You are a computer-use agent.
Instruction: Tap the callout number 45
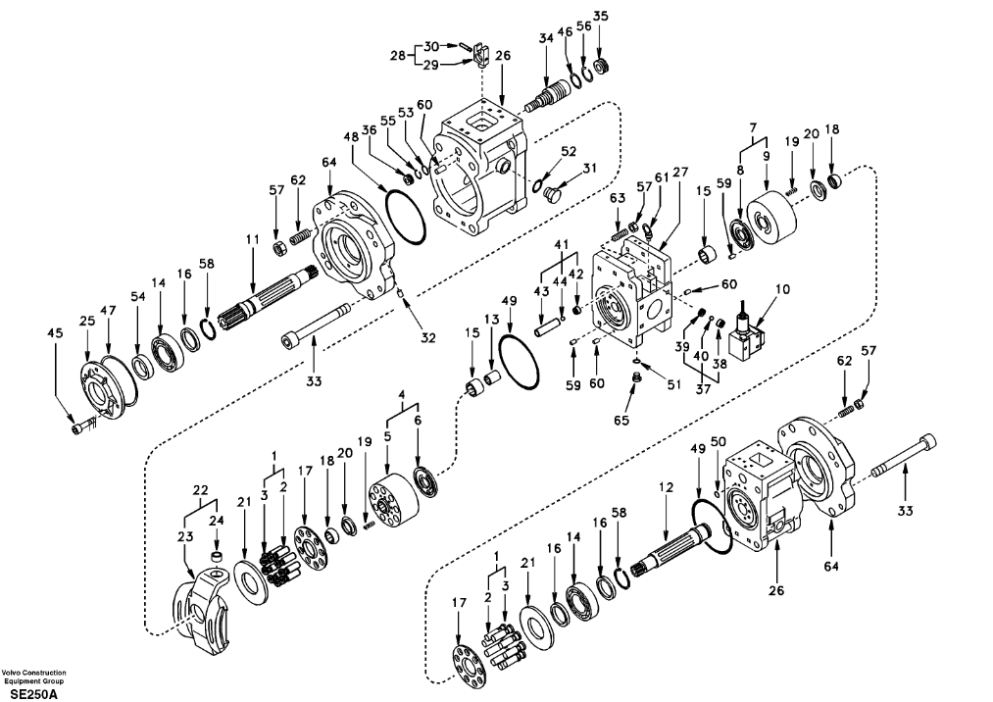coord(56,332)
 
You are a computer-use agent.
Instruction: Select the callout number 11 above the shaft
coord(253,239)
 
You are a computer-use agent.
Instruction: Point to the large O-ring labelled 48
coord(405,215)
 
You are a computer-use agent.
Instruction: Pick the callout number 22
coord(200,490)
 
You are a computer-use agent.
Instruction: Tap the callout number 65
coord(621,420)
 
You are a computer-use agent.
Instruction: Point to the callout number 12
coord(666,488)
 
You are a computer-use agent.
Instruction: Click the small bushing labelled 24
coord(218,558)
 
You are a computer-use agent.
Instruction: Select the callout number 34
coord(546,38)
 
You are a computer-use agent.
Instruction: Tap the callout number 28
coord(398,55)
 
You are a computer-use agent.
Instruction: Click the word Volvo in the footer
coord(14,673)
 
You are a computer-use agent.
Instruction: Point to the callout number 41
coord(561,244)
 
